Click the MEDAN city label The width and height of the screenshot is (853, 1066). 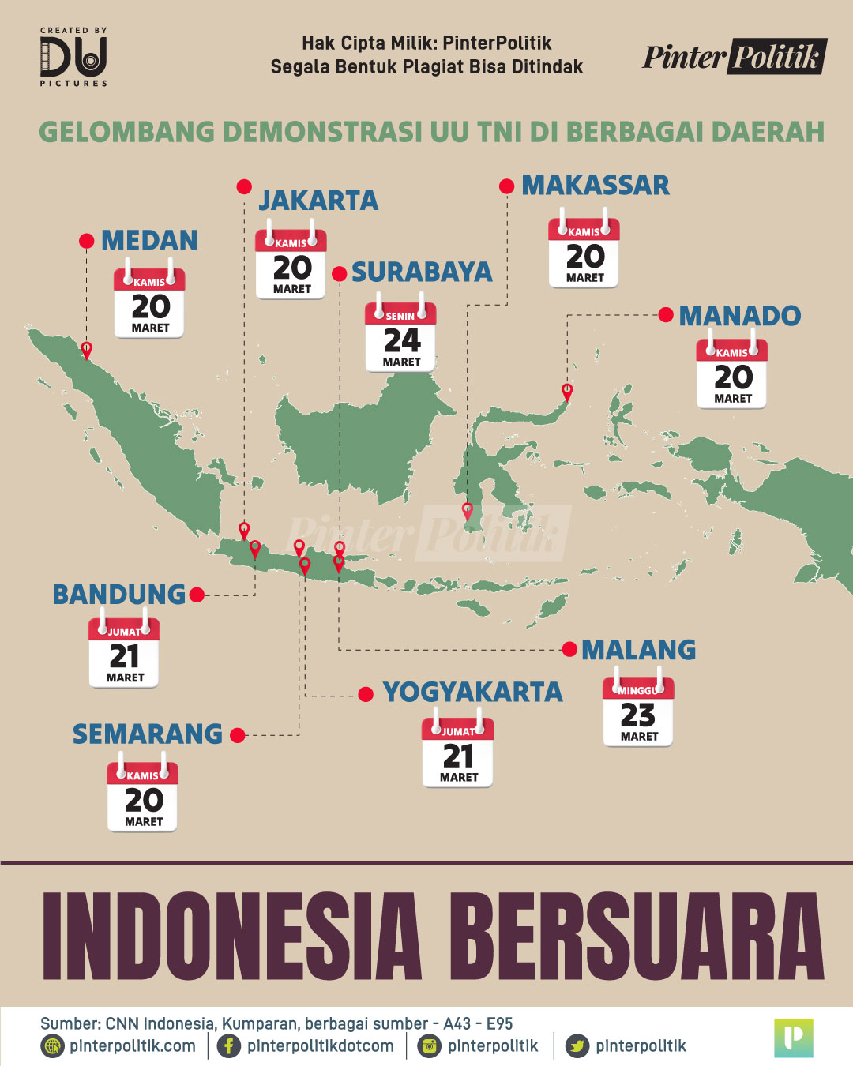149,240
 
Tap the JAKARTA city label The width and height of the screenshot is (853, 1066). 318,201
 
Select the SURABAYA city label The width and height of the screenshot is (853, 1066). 422,272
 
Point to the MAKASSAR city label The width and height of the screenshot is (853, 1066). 596,186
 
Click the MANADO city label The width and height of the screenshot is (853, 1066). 740,316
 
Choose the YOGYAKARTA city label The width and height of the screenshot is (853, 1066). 472,693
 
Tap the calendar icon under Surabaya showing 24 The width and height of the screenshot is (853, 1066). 400,336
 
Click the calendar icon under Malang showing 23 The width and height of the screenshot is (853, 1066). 638,711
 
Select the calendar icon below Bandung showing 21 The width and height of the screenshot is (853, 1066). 124,652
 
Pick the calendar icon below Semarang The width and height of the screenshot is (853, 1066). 143,796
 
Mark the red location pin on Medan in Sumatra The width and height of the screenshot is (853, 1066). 87,350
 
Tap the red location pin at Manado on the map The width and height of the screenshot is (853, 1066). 567,391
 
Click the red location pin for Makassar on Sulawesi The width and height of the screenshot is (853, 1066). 468,511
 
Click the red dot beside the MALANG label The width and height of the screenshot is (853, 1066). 569,650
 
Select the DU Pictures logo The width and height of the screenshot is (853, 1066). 73,57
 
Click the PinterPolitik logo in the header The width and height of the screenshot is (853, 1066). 734,57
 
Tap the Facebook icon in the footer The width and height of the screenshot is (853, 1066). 229,1046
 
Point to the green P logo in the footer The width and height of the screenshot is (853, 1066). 794,1038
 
